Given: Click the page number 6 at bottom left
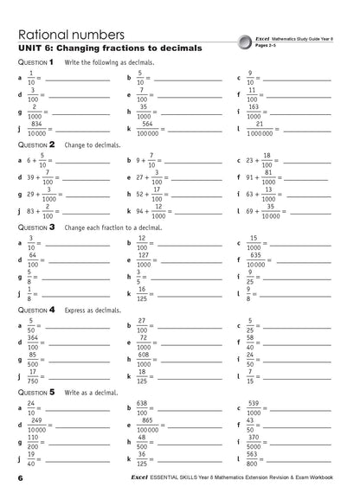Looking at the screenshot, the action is pyautogui.click(x=19, y=478).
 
